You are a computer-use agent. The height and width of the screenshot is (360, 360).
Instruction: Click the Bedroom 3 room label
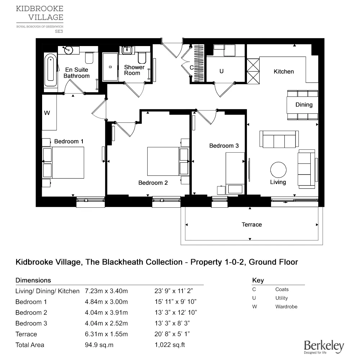click(x=224, y=146)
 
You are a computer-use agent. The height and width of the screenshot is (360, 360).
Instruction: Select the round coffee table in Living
click(x=278, y=170)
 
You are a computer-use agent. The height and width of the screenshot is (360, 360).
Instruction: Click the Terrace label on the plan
click(x=252, y=225)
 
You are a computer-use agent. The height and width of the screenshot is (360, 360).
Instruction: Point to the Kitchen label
click(x=284, y=72)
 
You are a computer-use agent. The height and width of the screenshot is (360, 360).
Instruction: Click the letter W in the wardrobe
click(x=47, y=113)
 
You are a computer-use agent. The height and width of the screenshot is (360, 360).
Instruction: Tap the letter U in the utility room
click(x=221, y=71)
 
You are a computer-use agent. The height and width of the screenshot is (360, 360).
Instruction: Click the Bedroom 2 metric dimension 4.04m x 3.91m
click(x=106, y=312)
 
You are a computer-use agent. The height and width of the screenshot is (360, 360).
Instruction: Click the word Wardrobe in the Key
click(x=286, y=307)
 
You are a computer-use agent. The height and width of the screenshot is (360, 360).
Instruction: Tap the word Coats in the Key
click(x=282, y=289)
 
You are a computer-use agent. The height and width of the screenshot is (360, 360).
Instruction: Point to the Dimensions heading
click(x=33, y=280)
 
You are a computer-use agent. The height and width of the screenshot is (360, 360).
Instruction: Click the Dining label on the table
click(x=304, y=105)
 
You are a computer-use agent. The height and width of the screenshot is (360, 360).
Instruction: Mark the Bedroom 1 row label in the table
click(x=31, y=302)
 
